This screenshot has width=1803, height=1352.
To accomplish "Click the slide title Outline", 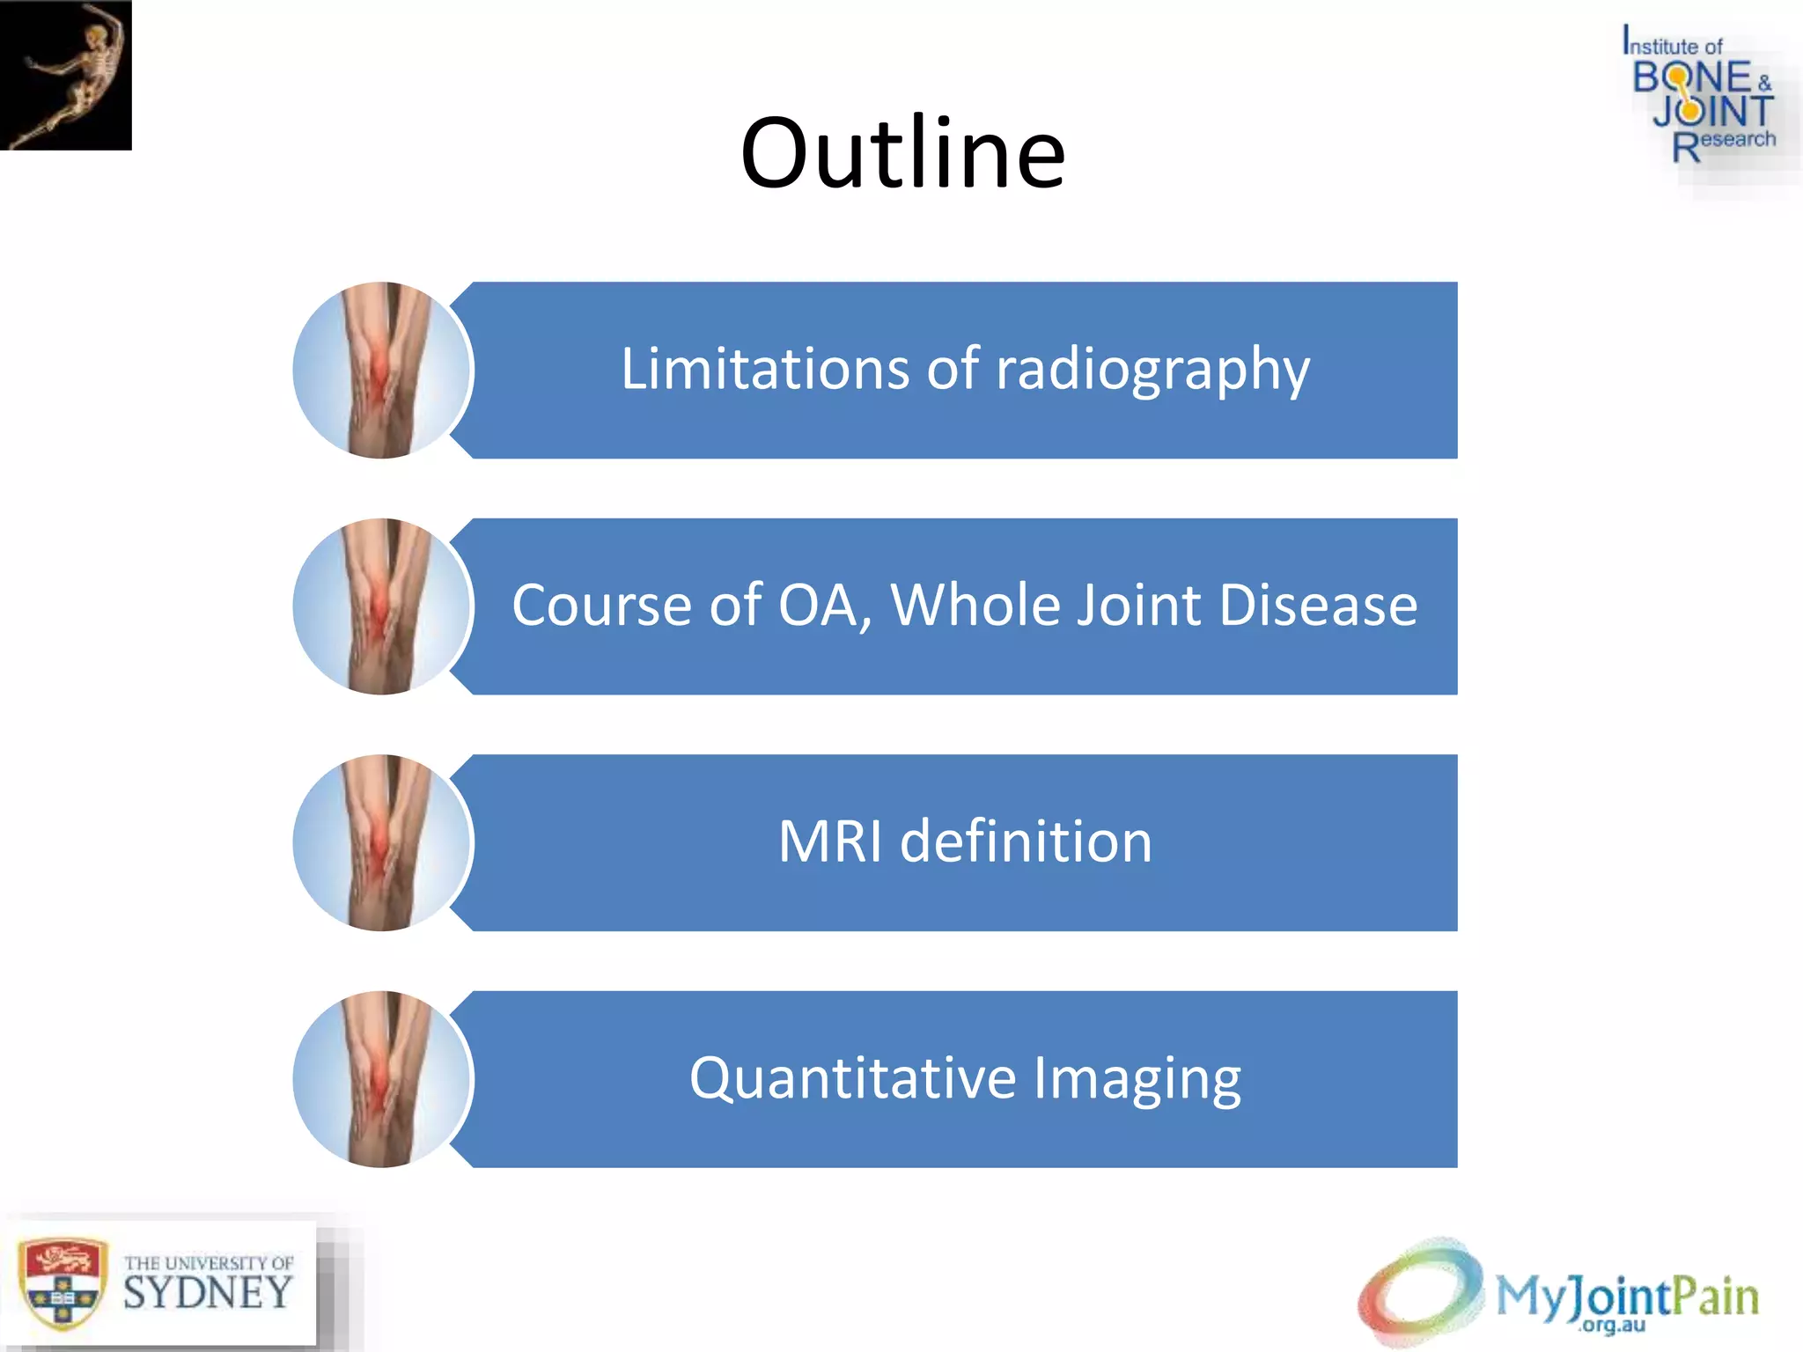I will point(902,154).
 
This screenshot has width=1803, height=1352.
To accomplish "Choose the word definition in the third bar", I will point(1026,841).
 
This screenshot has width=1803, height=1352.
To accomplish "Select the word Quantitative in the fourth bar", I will point(852,1078).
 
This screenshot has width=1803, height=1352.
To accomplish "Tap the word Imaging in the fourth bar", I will point(1137,1080).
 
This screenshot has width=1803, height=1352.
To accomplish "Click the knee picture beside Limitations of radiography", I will point(383,370).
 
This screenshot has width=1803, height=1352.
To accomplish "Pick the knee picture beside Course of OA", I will point(383,606).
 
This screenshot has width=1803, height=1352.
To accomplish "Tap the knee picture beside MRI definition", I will point(383,842).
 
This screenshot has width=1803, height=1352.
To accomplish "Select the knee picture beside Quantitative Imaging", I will point(383,1079).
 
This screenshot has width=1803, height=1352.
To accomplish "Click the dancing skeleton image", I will point(66,75).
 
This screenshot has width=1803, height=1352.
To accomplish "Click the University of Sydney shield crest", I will point(62,1284).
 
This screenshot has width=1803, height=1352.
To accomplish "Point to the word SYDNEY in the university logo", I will point(208,1293).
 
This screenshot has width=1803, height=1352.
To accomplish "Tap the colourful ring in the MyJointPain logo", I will point(1419,1290).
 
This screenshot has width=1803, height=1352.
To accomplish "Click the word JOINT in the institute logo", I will point(1712,112).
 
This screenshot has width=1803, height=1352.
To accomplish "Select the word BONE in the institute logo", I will point(1692,78).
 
